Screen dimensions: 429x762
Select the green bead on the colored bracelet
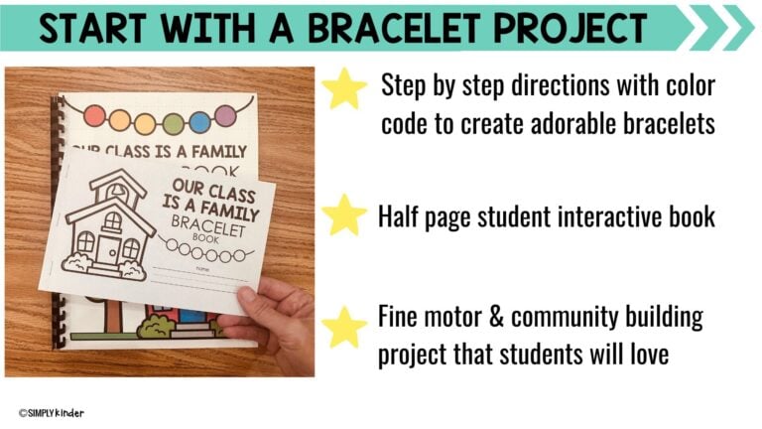pos(173,124)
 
